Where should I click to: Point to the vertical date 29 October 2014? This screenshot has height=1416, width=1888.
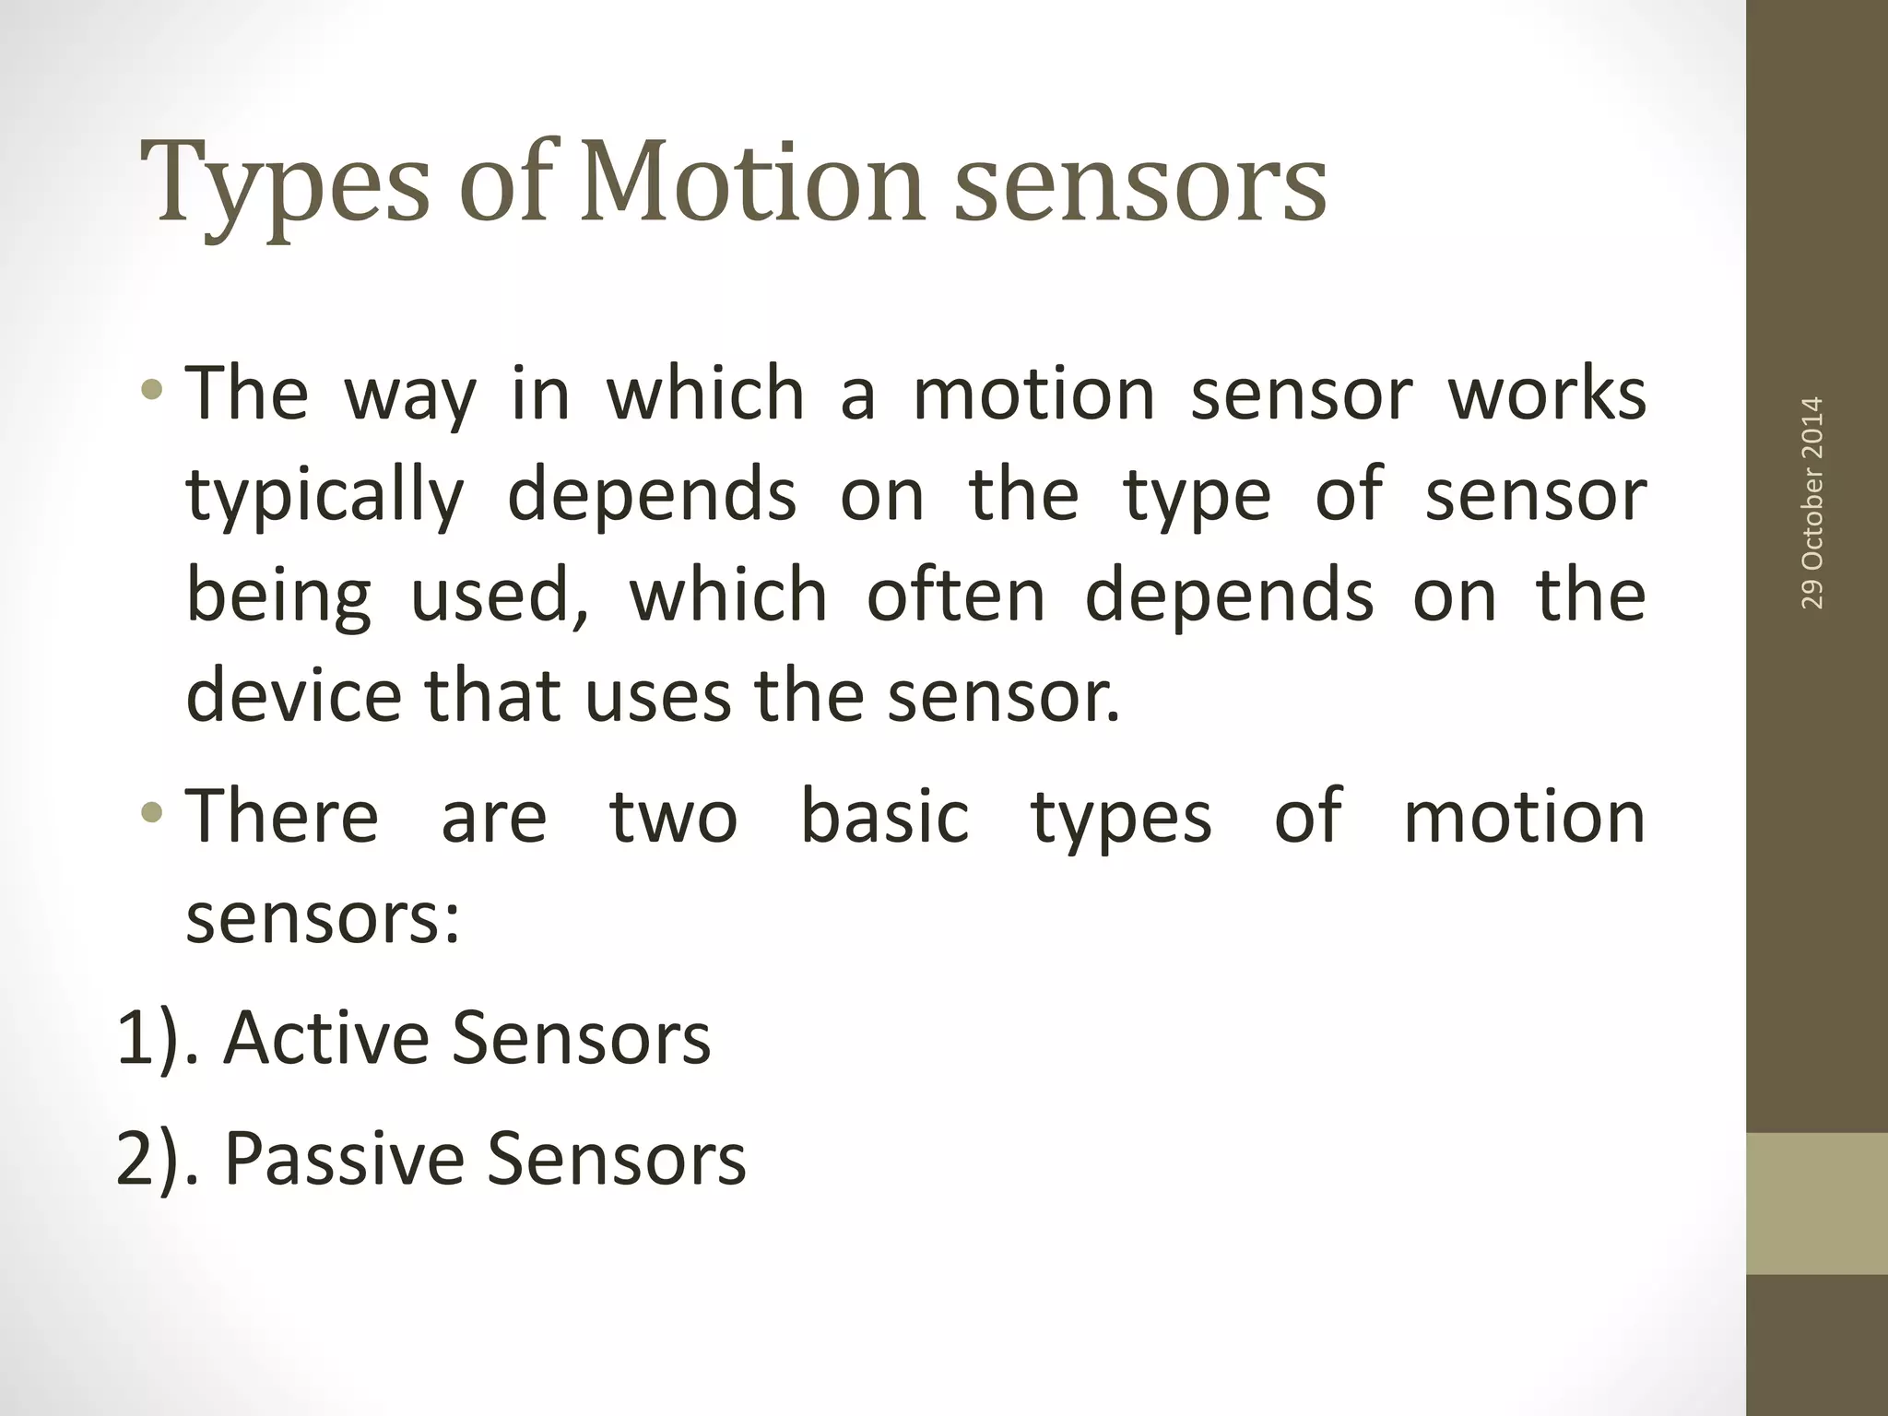click(1811, 502)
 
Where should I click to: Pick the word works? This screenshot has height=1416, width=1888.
click(1547, 395)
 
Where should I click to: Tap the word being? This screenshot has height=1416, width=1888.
click(278, 597)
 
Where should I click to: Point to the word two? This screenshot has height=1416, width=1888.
click(673, 817)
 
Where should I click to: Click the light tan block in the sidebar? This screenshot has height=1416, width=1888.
click(1817, 1203)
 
